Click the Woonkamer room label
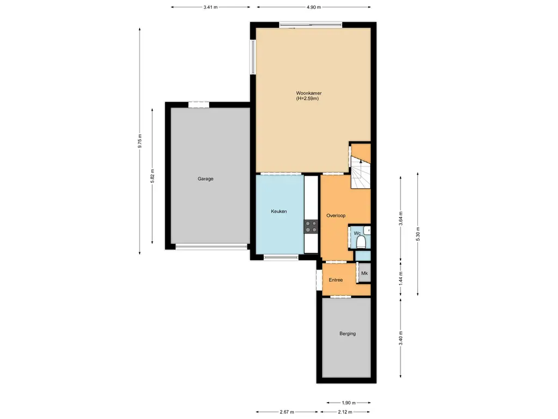[308, 93]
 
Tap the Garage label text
[205, 179]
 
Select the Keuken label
[278, 211]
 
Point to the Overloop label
[336, 216]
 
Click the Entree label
[336, 280]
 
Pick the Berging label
[347, 334]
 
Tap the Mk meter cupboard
[365, 273]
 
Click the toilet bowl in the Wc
[361, 242]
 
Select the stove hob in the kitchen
[311, 226]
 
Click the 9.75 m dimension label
[140, 141]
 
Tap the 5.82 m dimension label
[153, 176]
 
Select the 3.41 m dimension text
[210, 7]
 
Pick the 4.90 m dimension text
[313, 7]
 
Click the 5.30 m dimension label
[418, 234]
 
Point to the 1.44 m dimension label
[401, 279]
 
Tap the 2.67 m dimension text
[287, 412]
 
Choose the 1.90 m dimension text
[349, 403]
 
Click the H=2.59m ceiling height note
[307, 99]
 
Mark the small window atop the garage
[198, 105]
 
